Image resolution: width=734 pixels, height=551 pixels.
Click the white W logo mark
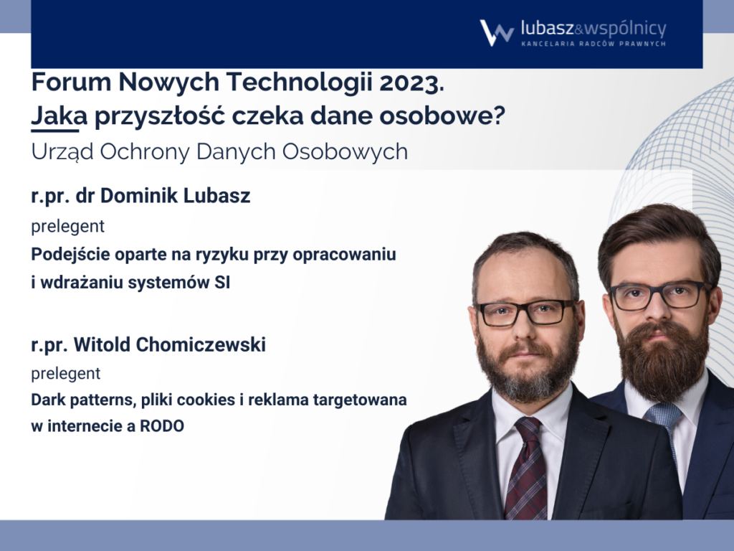497,33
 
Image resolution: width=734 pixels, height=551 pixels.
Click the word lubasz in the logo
547,29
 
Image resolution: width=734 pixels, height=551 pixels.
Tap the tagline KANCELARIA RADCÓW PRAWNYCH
594,44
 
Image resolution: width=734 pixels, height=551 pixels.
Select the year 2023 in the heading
412,83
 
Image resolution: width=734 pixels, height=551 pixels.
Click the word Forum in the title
72,83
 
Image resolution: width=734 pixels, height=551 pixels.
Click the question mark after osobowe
499,116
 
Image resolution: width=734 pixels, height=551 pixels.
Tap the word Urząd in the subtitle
62,152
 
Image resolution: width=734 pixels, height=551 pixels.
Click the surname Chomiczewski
201,344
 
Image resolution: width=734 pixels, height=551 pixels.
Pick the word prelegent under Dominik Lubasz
68,226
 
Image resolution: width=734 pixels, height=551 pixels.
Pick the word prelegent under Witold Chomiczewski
66,373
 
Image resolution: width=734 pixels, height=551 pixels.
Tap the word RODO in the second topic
162,426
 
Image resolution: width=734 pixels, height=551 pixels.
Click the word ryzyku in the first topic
216,255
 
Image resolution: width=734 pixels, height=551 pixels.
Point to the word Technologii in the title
300,83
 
